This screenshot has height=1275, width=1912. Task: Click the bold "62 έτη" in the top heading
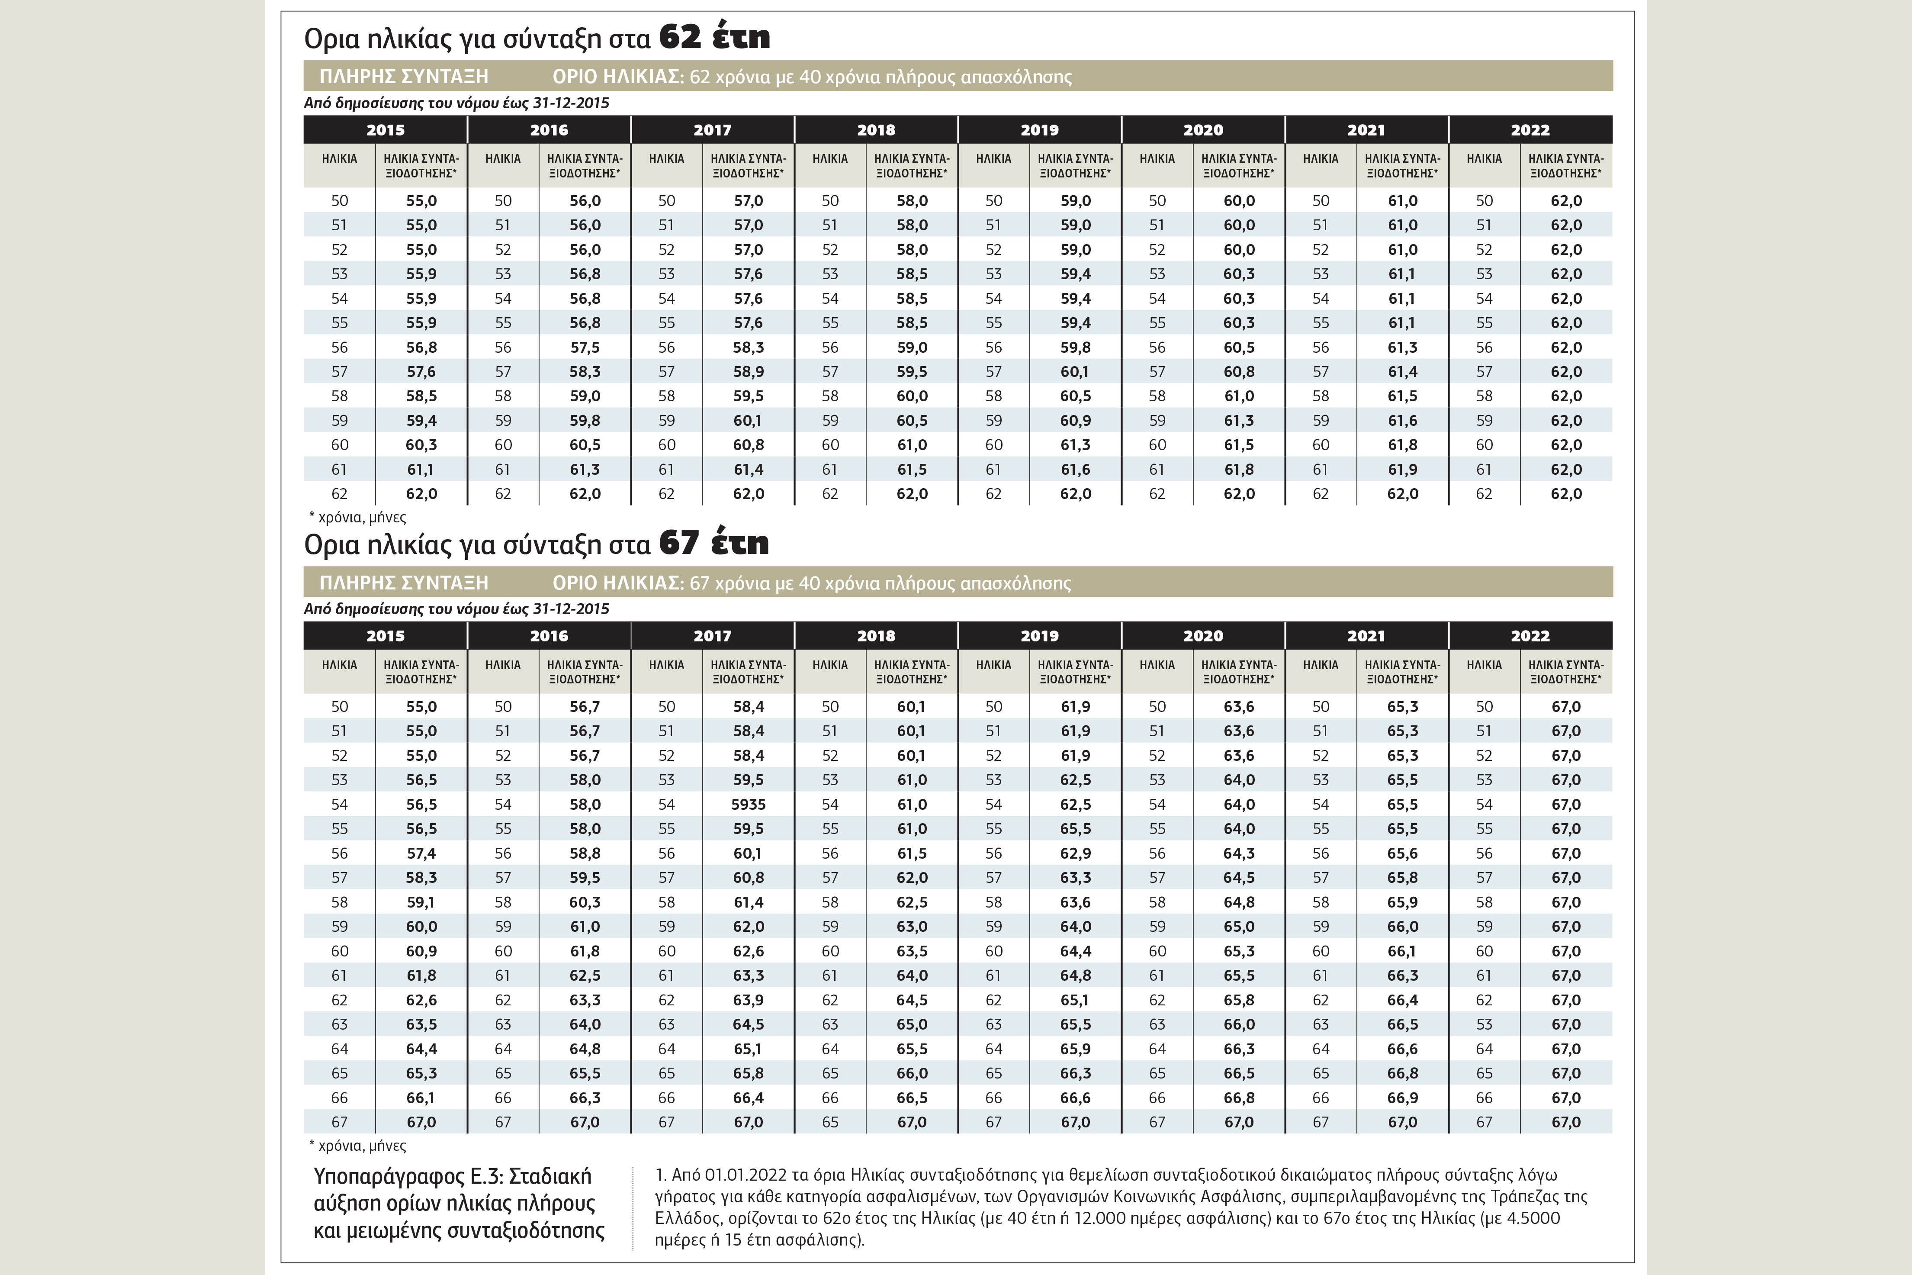pyautogui.click(x=714, y=37)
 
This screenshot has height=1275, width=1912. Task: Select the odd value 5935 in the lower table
pyautogui.click(x=748, y=804)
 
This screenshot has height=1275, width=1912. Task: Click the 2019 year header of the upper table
pyautogui.click(x=1040, y=129)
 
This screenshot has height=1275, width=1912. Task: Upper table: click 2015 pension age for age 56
pyautogui.click(x=421, y=347)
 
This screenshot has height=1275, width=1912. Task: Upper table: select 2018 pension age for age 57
pyautogui.click(x=912, y=372)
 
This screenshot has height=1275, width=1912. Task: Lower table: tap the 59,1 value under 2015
pyautogui.click(x=421, y=902)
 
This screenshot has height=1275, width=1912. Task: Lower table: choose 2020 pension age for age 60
pyautogui.click(x=1239, y=950)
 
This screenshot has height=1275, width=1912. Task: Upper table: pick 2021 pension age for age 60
pyautogui.click(x=1402, y=445)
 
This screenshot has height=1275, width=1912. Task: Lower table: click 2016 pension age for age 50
pyautogui.click(x=585, y=707)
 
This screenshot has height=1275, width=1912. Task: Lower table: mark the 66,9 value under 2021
pyautogui.click(x=1402, y=1098)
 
